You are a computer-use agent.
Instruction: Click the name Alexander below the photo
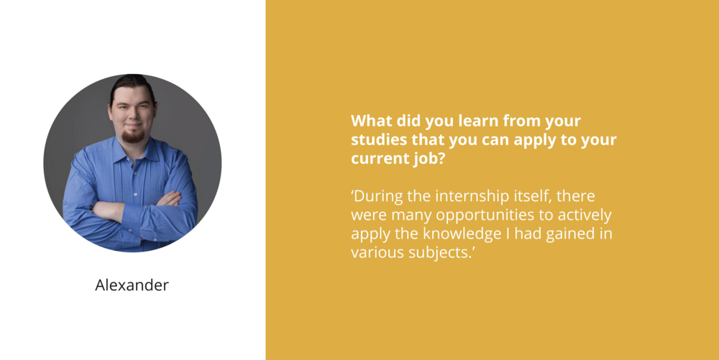click(132, 285)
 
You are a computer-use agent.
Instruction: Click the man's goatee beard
click(132, 136)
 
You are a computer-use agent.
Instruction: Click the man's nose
click(134, 116)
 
